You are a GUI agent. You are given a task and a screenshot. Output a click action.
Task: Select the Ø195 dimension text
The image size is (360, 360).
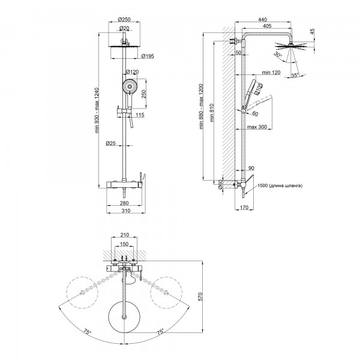(147, 56)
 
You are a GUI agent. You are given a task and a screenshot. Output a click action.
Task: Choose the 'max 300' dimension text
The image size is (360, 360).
(256, 127)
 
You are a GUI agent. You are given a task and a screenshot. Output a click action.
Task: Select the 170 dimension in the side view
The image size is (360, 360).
(243, 208)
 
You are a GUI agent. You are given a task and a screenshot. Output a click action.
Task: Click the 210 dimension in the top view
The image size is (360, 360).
(125, 236)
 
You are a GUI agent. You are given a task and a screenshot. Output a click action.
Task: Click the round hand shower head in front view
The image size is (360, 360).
(128, 88)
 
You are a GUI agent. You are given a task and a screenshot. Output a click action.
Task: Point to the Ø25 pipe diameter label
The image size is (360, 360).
(110, 143)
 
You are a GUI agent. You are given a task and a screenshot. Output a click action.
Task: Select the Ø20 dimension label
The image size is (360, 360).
(125, 28)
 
